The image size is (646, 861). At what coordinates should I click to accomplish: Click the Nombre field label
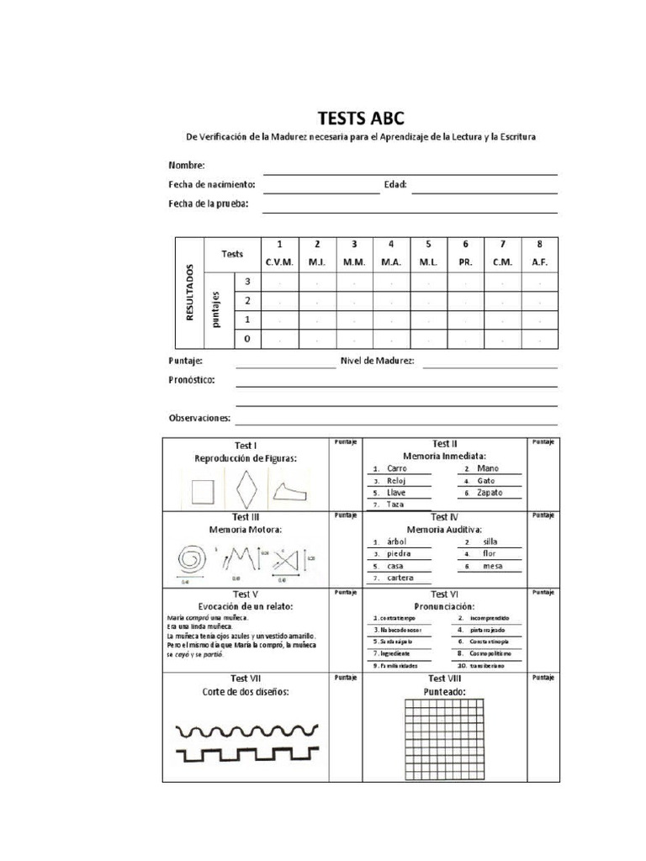187,166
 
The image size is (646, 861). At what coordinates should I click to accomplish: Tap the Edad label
394,184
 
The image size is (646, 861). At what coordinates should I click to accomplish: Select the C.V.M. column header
279,262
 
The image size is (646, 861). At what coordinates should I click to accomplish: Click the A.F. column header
539,262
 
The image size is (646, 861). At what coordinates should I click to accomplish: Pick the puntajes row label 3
246,283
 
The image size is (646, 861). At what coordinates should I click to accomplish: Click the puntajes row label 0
246,339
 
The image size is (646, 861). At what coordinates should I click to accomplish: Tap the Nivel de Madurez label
377,361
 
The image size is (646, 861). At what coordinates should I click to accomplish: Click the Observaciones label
200,418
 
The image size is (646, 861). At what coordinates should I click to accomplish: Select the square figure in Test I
203,489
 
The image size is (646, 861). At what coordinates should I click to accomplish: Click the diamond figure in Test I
246,488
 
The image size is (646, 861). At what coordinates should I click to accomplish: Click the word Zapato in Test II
490,493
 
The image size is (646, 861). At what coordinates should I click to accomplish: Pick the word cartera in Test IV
400,578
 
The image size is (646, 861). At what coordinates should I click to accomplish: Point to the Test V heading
244,594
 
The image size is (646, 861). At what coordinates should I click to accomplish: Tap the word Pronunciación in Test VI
443,606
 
